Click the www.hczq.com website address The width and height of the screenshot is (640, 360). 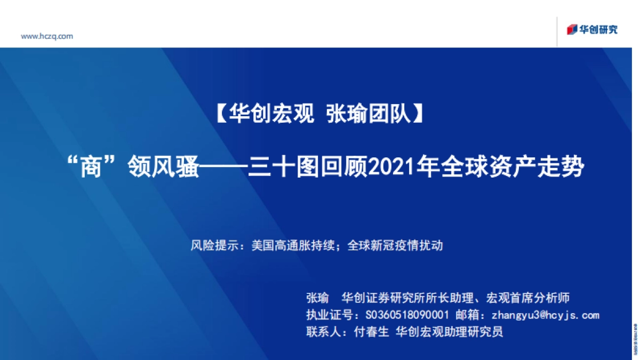(x=47, y=36)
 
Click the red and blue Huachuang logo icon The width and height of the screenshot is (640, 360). (x=572, y=29)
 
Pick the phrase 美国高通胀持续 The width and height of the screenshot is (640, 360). (x=293, y=246)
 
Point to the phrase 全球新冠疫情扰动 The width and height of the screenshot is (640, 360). (x=395, y=246)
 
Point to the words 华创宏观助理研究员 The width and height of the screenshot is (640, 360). (x=450, y=332)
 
